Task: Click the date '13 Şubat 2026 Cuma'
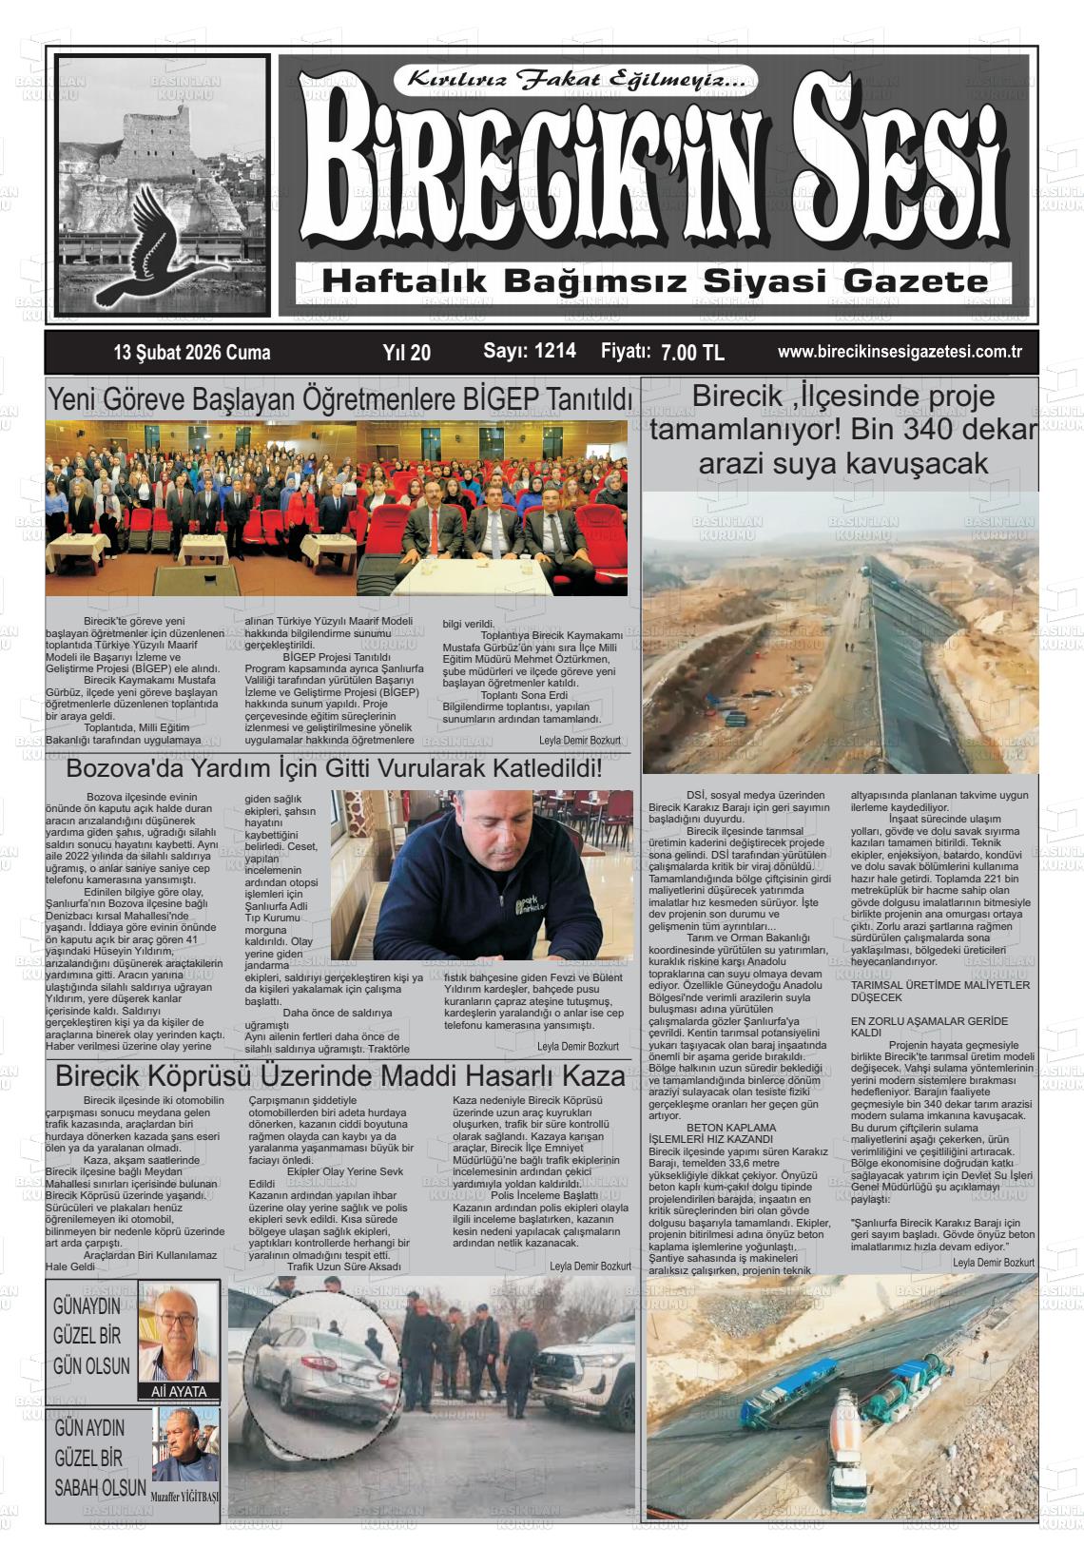coord(191,353)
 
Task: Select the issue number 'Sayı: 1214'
coord(530,351)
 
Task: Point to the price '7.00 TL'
coord(692,353)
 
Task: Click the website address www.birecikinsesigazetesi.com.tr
coord(900,352)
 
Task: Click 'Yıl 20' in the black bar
coord(406,353)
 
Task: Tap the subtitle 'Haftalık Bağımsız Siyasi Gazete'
coord(655,281)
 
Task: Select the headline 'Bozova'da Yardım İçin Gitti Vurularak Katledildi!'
coord(334,767)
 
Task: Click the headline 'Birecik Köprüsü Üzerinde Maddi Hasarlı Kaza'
coord(339,1077)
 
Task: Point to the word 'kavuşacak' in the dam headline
coord(922,464)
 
